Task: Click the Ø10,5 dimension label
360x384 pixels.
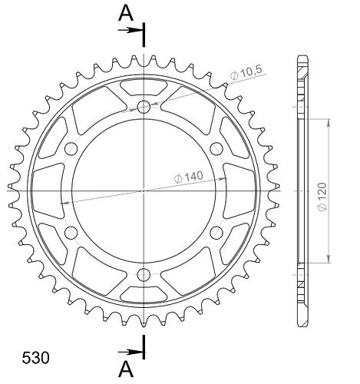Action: (x=246, y=73)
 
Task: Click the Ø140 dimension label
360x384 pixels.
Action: (x=189, y=177)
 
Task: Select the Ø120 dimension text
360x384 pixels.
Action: (x=322, y=197)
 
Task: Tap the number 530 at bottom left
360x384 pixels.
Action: (x=35, y=358)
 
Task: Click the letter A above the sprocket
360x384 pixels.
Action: (x=126, y=13)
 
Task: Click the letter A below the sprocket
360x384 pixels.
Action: (x=126, y=369)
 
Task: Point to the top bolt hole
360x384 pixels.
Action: (x=144, y=107)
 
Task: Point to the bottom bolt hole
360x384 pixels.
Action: (x=144, y=275)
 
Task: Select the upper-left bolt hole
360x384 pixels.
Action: (x=71, y=149)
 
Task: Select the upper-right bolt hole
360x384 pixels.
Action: (x=216, y=149)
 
